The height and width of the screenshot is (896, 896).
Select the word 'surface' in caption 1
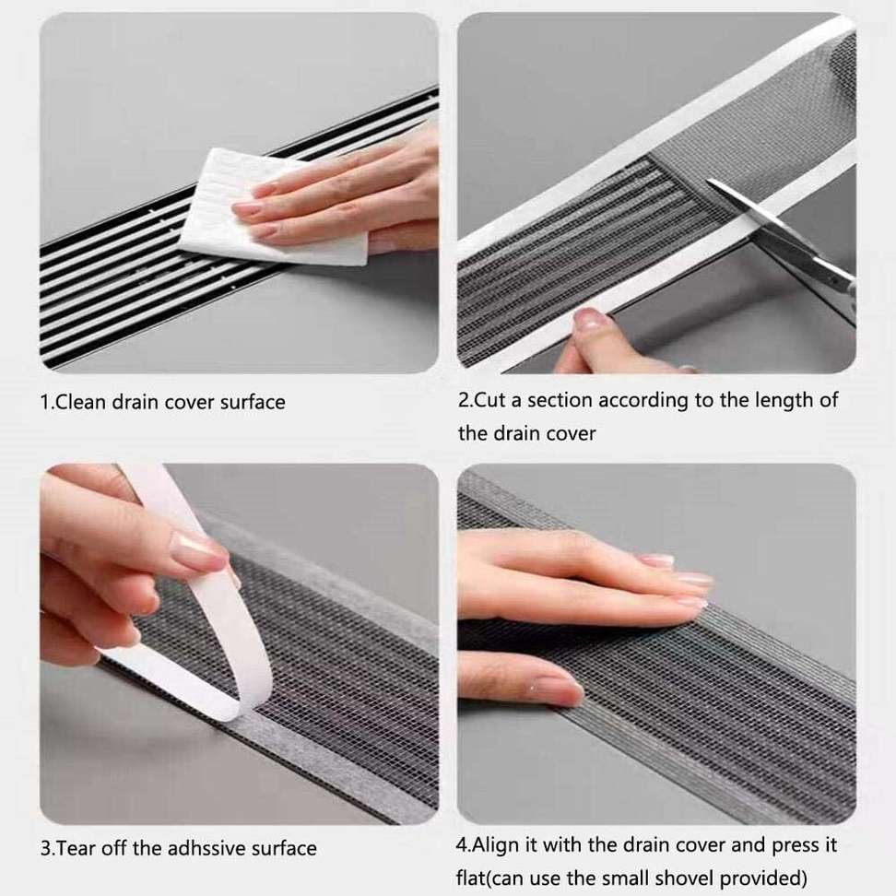(253, 402)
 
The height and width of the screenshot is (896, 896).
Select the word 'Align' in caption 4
(495, 844)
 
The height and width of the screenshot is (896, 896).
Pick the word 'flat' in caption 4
(470, 878)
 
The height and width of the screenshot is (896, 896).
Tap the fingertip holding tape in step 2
(592, 320)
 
